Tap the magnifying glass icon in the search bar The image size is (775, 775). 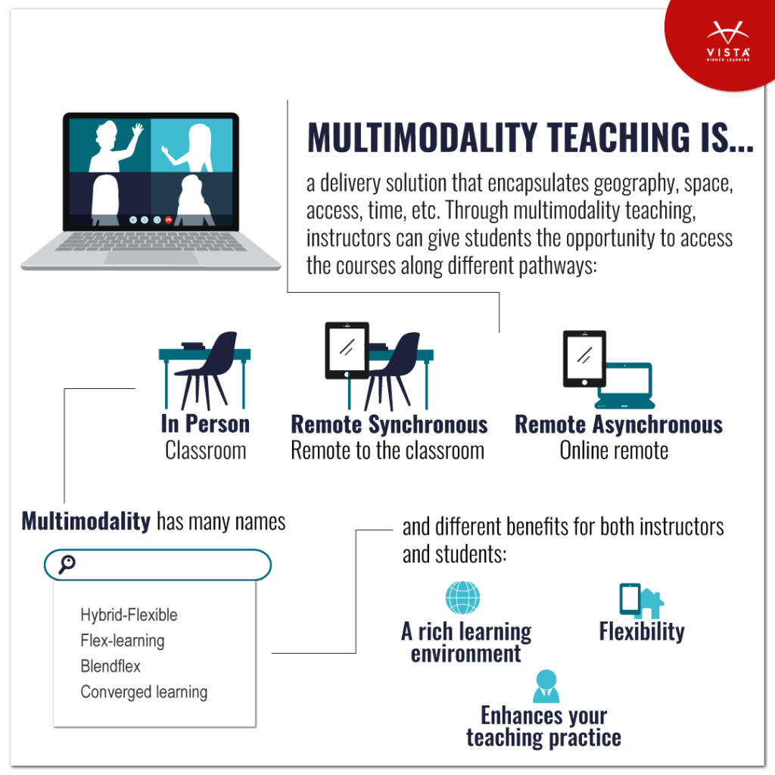(x=67, y=564)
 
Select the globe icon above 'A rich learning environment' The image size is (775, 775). (x=462, y=597)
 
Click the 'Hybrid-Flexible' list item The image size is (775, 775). (x=129, y=615)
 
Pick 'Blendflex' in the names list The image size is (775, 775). (x=110, y=666)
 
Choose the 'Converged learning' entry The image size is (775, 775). (x=144, y=692)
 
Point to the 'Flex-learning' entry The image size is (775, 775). (x=122, y=640)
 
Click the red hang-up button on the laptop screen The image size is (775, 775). (x=168, y=219)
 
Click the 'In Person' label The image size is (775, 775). (x=205, y=425)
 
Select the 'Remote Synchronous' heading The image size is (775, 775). (x=389, y=425)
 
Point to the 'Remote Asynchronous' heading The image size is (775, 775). (x=618, y=425)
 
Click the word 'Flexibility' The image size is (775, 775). (x=641, y=631)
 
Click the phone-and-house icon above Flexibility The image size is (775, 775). (x=641, y=599)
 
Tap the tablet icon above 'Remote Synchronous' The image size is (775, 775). (x=347, y=350)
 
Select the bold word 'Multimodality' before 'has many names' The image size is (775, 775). (x=86, y=521)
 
